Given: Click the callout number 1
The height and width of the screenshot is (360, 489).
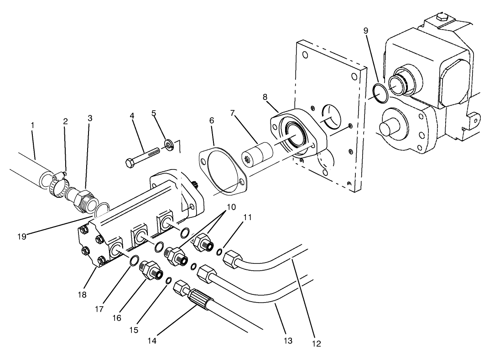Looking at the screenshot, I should [x=32, y=124].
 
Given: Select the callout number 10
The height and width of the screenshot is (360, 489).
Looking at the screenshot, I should [x=231, y=207].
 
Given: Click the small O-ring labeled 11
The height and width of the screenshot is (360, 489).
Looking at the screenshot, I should [x=220, y=252].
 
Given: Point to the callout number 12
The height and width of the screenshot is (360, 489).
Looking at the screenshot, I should [x=316, y=344].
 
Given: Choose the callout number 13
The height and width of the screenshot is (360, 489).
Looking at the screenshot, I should [x=288, y=340].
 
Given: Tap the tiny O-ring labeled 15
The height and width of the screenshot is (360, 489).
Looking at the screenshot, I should [x=168, y=280].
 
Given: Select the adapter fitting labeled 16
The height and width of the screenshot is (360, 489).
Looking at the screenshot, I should [x=151, y=270].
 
